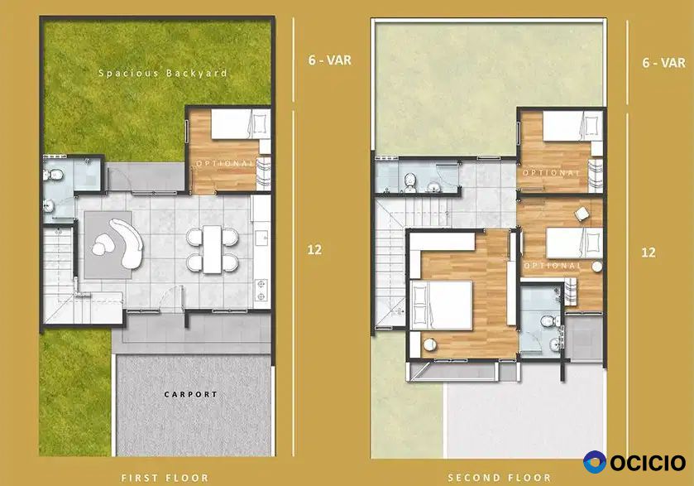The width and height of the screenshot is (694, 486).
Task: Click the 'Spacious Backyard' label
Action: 163,73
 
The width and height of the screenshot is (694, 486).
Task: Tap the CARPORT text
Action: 191,394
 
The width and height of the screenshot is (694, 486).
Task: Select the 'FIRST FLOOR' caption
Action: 165,478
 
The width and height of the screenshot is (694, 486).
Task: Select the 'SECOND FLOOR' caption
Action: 500,478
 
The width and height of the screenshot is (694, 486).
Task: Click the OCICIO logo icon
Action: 595,462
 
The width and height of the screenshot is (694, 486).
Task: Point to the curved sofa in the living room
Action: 128,243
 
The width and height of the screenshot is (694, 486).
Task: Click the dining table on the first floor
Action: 213,249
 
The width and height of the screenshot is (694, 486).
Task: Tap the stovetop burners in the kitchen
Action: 261,289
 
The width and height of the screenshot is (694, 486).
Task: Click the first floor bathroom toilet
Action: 54,175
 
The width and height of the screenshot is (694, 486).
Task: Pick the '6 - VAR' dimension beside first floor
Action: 330,60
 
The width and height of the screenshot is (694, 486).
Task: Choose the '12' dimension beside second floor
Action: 649,253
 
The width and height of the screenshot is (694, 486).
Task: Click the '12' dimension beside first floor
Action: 314,249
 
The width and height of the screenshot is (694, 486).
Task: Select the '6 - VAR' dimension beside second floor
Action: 664,62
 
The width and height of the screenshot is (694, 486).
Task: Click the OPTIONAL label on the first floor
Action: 226,163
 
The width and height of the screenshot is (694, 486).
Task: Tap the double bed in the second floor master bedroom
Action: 442,306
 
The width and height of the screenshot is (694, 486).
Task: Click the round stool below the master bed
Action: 430,344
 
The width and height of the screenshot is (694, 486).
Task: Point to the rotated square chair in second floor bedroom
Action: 582,213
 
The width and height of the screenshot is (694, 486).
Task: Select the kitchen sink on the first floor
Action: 262,238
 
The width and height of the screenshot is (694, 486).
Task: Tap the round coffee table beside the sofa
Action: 103,244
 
